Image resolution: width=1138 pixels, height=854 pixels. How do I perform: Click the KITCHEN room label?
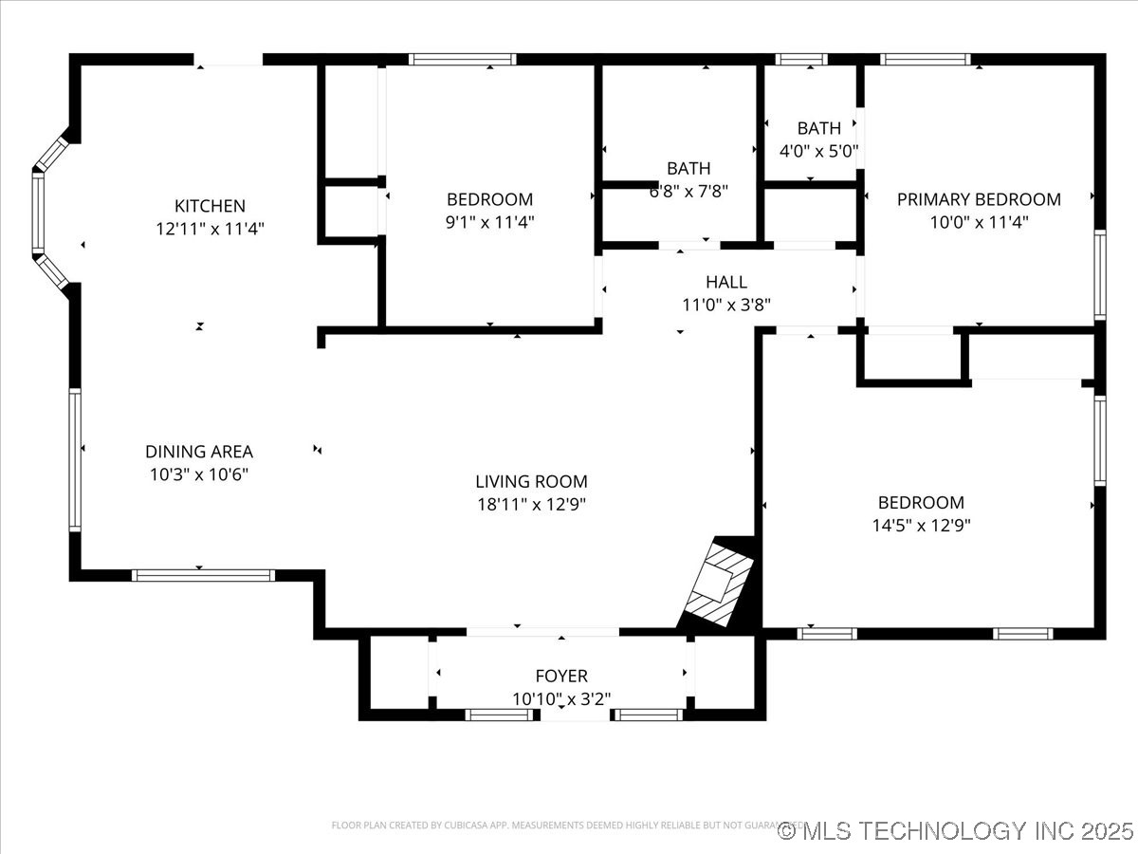tap(210, 206)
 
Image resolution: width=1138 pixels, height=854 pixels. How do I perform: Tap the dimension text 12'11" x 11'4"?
tap(210, 229)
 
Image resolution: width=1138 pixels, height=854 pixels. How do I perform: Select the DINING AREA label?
tap(199, 452)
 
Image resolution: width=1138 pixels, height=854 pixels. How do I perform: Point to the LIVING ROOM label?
tap(531, 481)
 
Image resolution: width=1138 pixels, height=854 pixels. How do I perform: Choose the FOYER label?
tap(561, 676)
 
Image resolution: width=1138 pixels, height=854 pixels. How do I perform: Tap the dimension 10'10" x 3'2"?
tap(561, 698)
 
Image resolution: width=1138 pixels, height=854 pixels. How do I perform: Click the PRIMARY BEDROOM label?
tap(979, 199)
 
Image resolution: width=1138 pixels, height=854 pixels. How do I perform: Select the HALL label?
tap(726, 282)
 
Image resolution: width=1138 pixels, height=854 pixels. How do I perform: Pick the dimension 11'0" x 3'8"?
tap(726, 305)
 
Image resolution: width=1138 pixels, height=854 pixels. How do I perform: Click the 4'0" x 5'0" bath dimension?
tap(818, 150)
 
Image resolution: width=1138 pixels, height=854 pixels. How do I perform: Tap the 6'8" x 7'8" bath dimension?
tap(688, 191)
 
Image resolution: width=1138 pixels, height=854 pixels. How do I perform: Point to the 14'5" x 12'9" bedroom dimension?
tap(921, 525)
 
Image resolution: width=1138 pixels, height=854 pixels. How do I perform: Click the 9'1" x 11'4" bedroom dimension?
tap(490, 222)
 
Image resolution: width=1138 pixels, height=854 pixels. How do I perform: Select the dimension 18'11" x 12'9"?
tap(531, 504)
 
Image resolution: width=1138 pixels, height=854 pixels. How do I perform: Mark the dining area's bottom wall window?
tap(203, 575)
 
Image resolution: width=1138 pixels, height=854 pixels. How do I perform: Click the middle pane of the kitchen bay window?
tap(38, 213)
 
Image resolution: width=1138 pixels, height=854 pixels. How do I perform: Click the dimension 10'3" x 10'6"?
tap(199, 474)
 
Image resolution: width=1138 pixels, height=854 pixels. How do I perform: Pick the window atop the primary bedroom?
tap(926, 59)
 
